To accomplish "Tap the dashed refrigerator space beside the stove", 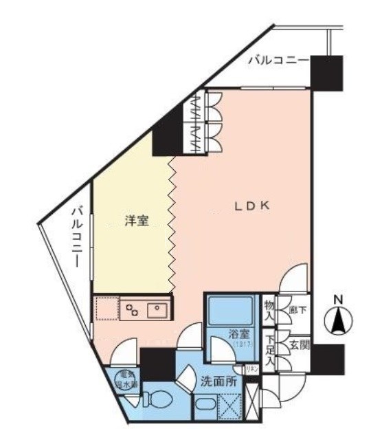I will click(106, 309).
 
